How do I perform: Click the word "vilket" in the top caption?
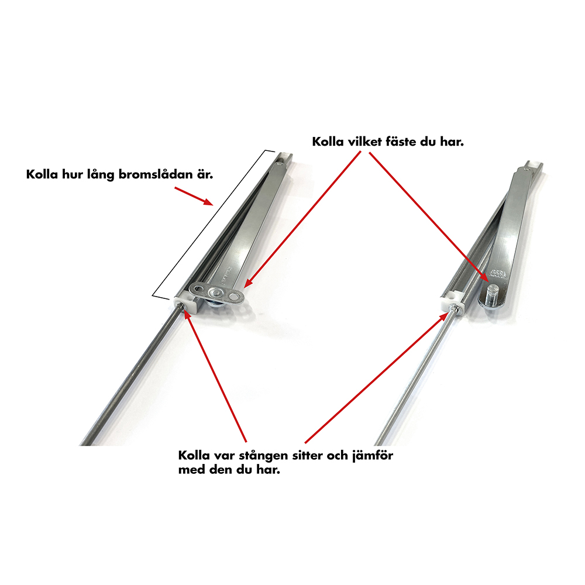click(x=360, y=142)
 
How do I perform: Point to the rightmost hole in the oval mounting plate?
click(x=235, y=297)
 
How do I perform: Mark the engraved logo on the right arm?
click(x=497, y=273)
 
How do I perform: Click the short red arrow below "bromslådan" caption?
click(x=194, y=196)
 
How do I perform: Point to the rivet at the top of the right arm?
click(x=526, y=170)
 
